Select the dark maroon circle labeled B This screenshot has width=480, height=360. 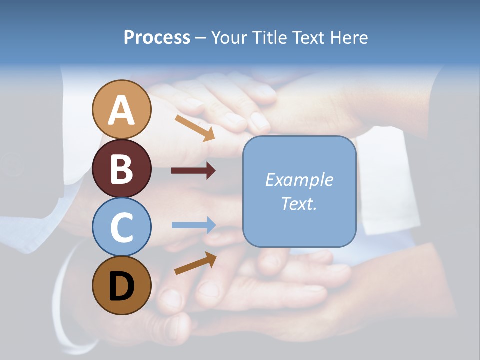click(121, 168)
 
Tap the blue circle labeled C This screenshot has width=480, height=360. click(121, 227)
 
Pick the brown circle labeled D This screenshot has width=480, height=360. click(121, 285)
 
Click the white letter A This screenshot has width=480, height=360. click(121, 110)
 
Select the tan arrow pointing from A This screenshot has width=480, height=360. click(194, 128)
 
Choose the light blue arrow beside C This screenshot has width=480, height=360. click(193, 225)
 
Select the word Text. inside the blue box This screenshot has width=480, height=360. click(299, 203)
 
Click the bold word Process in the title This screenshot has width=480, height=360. click(157, 38)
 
